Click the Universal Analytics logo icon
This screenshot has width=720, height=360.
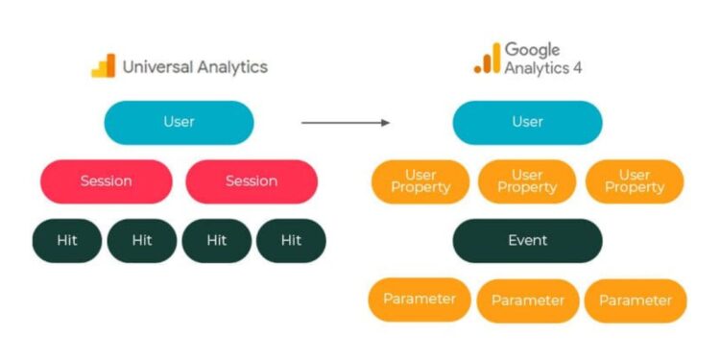[104, 66]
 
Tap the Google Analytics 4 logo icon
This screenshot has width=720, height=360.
[487, 58]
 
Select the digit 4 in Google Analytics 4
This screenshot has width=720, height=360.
[577, 68]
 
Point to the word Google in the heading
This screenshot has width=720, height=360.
[532, 50]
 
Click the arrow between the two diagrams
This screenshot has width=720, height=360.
[346, 123]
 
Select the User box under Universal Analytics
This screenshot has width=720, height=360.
[180, 123]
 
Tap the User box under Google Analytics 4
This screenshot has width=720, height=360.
[528, 123]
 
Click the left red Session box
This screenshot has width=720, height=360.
[106, 181]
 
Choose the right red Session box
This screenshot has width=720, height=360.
[252, 181]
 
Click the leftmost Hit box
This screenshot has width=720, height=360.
[67, 241]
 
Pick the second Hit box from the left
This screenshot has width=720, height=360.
[142, 241]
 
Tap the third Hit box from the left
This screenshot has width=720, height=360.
[217, 241]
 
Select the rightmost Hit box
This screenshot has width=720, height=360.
[291, 241]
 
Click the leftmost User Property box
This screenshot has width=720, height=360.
[420, 181]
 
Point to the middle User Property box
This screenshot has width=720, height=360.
[527, 181]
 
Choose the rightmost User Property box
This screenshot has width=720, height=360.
[635, 181]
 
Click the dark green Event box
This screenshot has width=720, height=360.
[528, 241]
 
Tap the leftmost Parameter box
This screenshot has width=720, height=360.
[420, 300]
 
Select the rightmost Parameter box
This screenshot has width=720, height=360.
[636, 300]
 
